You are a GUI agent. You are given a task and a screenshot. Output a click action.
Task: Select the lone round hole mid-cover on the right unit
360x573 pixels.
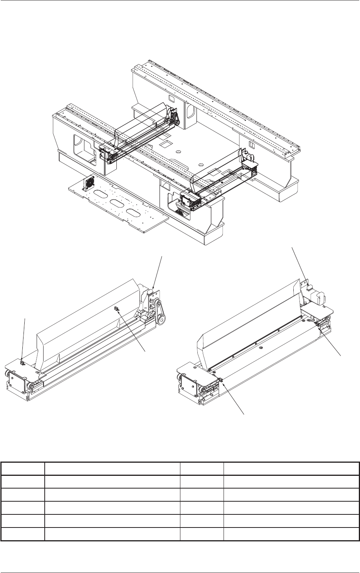pos(261,348)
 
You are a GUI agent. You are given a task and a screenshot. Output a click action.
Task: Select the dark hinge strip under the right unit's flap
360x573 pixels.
pos(254,339)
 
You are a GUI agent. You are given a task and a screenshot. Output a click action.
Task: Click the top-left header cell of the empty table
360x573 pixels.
pos(23,469)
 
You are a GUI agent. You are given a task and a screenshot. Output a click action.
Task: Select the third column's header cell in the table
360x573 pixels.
pos(202,469)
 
